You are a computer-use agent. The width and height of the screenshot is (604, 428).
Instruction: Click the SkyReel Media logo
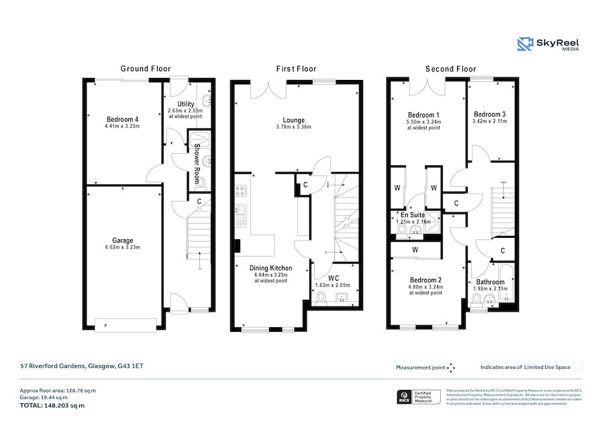(x=548, y=44)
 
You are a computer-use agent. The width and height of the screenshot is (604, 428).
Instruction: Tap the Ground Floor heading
(x=146, y=69)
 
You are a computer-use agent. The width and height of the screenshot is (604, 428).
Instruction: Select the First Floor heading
(x=296, y=69)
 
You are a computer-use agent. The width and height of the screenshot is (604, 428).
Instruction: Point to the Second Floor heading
(x=451, y=69)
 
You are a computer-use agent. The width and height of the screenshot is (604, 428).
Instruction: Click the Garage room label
(x=122, y=241)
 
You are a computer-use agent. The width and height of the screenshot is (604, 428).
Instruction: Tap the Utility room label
(x=185, y=103)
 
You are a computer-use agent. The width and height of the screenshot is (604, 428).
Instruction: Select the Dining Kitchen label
(x=270, y=267)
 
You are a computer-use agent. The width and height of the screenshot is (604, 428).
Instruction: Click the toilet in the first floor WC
(x=321, y=298)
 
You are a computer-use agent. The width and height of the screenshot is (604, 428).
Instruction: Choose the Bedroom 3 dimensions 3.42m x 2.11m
(x=491, y=121)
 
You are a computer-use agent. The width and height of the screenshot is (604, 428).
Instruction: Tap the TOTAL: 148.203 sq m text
(x=52, y=405)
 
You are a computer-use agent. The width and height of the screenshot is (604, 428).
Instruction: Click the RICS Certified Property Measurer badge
(x=416, y=398)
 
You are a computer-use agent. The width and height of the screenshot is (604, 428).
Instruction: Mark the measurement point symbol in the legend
(x=451, y=368)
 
